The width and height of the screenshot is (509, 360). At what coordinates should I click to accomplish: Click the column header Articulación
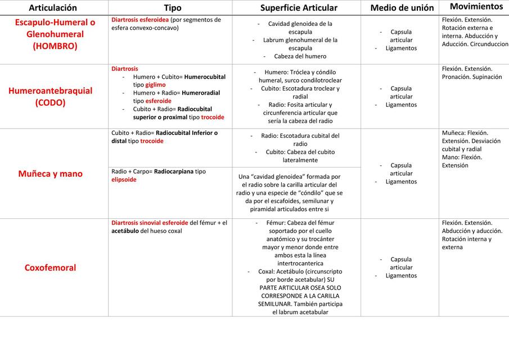(53, 8)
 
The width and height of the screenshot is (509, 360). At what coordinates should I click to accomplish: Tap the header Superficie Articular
(299, 8)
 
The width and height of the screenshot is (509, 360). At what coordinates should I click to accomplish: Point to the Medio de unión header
(402, 8)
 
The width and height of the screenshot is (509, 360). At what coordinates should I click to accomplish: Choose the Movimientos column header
(476, 7)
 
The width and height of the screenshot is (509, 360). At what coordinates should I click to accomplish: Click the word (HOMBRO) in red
(55, 46)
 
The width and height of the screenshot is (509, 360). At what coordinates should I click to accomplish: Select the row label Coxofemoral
(50, 268)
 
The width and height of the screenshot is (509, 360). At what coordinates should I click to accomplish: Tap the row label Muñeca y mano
(50, 174)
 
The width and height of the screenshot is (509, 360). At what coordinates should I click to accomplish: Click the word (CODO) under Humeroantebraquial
(50, 102)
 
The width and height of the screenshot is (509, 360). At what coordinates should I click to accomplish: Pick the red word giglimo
(155, 85)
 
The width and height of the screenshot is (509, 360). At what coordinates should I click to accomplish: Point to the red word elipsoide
(124, 179)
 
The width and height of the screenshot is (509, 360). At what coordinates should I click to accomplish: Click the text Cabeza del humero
(300, 56)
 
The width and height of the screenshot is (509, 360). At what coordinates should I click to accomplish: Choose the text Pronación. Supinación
(472, 77)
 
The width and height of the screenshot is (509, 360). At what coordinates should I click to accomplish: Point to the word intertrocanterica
(299, 263)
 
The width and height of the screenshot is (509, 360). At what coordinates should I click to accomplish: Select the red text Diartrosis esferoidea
(140, 20)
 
